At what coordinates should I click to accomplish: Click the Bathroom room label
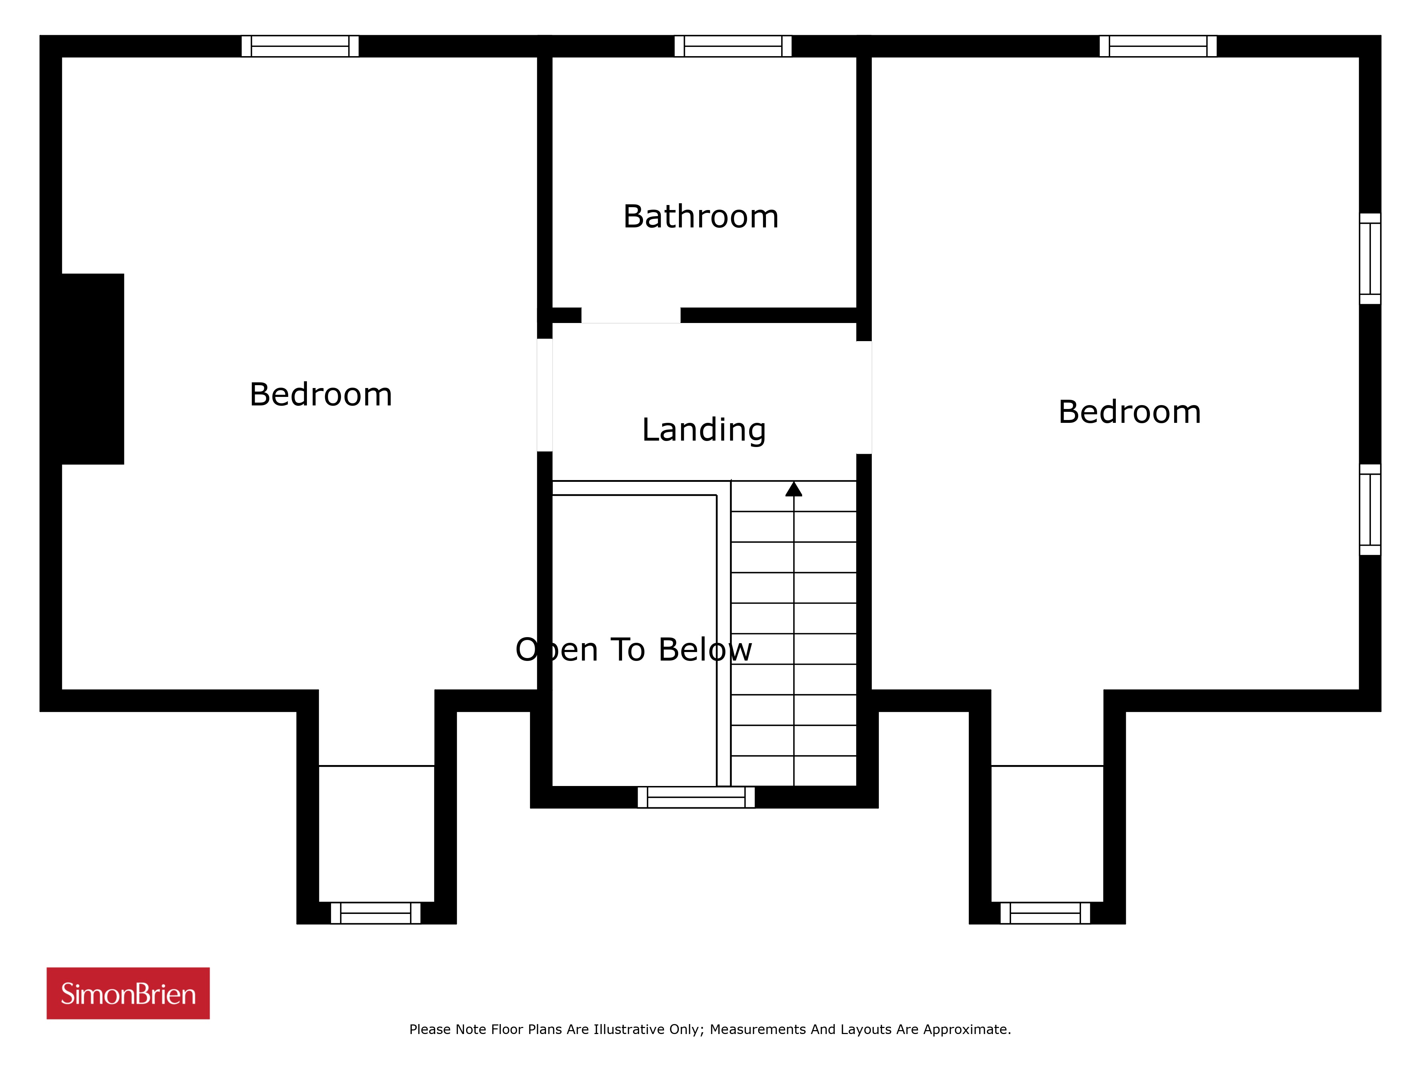(x=701, y=216)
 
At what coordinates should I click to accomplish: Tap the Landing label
(x=704, y=430)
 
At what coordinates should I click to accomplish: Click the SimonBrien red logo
(x=128, y=994)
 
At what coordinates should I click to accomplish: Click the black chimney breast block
(x=92, y=369)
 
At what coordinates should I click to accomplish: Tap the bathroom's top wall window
(x=733, y=46)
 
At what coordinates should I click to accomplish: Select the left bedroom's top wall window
(x=300, y=46)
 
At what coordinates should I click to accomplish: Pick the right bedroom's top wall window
(x=1158, y=46)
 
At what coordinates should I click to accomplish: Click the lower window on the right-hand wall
(x=1370, y=510)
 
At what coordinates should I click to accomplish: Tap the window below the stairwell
(x=696, y=797)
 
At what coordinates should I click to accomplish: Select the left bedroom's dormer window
(x=376, y=913)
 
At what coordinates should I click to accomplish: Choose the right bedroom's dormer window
(x=1045, y=913)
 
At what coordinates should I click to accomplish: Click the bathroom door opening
(x=631, y=316)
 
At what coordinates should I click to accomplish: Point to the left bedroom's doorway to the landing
(x=545, y=395)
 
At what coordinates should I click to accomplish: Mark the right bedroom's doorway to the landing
(x=864, y=398)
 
